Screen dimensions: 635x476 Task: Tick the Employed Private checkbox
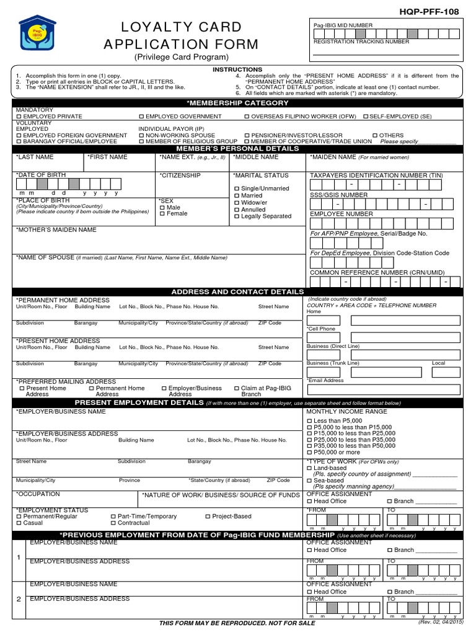click(x=19, y=117)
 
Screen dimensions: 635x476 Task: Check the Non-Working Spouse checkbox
click(x=142, y=135)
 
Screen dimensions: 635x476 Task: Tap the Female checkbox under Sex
click(x=162, y=214)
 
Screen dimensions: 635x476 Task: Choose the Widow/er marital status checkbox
click(x=236, y=203)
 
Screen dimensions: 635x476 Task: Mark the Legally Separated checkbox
click(x=236, y=216)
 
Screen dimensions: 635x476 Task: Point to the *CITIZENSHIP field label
click(x=180, y=176)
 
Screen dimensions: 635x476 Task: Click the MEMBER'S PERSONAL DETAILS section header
click(x=237, y=149)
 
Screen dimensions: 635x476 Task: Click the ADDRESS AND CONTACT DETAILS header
click(x=237, y=291)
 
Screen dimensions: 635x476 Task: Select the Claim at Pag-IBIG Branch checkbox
click(x=236, y=389)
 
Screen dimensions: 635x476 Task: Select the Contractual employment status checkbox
click(x=113, y=523)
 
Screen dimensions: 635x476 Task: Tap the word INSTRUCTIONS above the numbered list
click(x=237, y=69)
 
